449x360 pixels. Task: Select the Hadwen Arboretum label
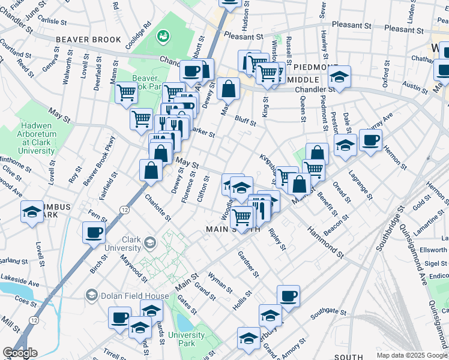(46, 137)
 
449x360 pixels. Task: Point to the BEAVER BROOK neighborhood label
(89, 40)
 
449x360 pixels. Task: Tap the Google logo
(20, 353)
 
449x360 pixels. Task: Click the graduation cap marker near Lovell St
(32, 212)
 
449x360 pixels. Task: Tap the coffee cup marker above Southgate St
(288, 296)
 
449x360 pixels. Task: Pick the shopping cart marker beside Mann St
(126, 93)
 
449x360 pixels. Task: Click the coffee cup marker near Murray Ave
(370, 140)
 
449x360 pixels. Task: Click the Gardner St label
(248, 265)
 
